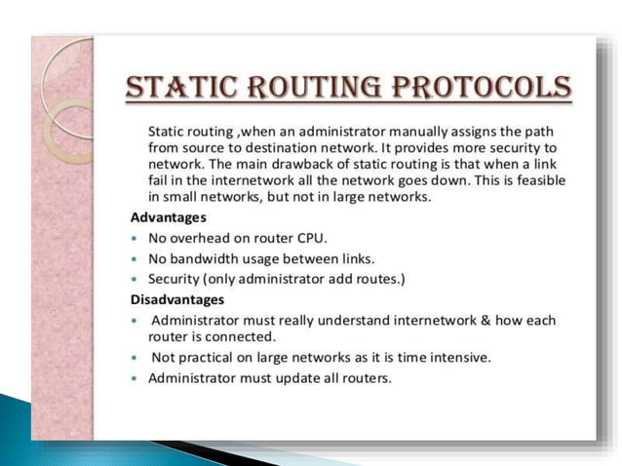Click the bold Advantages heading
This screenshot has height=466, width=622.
pyautogui.click(x=169, y=217)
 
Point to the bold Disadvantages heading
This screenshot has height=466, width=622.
pyautogui.click(x=177, y=299)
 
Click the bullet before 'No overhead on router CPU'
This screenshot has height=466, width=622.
pyautogui.click(x=134, y=239)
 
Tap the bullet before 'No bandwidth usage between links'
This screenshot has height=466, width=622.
pyautogui.click(x=134, y=259)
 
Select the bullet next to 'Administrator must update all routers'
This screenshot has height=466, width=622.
pyautogui.click(x=134, y=379)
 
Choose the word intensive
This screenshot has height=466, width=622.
pyautogui.click(x=462, y=358)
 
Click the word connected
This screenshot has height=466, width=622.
pyautogui.click(x=248, y=336)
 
